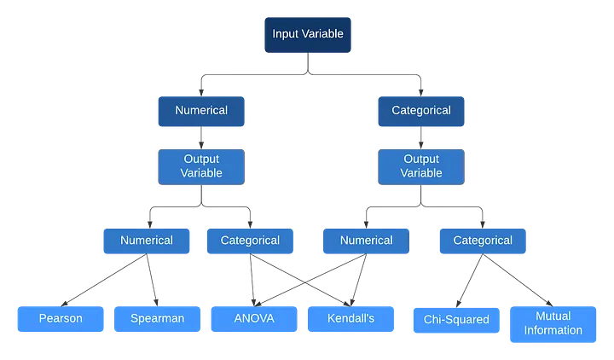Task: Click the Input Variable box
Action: [x=307, y=34]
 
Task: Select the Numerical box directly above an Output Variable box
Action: [x=200, y=110]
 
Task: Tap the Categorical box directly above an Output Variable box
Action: [x=421, y=110]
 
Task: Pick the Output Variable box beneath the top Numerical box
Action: [x=200, y=165]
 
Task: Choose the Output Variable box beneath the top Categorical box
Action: [x=421, y=165]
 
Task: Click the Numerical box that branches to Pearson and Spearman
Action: [x=146, y=241]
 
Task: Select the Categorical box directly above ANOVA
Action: [x=248, y=241]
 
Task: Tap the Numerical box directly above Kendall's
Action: [x=366, y=241]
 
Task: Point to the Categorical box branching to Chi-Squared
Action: [x=483, y=241]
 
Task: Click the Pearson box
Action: [x=60, y=320]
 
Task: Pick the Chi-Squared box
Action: [x=456, y=321]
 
